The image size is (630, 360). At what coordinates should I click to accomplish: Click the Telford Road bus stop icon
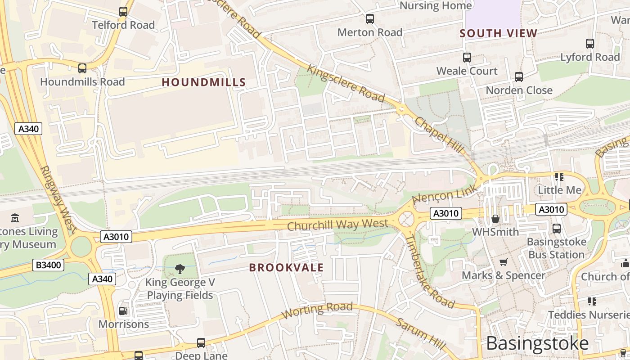click(123, 12)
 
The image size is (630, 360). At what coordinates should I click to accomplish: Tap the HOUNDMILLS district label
click(204, 82)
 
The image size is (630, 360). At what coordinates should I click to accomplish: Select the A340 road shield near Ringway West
click(28, 129)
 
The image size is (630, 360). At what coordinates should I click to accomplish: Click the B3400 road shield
click(48, 265)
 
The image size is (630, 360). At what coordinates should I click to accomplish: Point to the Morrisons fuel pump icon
click(123, 311)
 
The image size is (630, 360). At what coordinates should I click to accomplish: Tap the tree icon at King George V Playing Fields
click(180, 269)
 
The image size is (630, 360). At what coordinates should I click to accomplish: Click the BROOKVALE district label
click(286, 268)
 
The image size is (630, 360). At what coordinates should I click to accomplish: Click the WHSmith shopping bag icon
click(495, 219)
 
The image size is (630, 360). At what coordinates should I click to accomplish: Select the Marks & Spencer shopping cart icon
click(504, 262)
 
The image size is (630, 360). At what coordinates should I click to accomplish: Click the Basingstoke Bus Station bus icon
click(557, 229)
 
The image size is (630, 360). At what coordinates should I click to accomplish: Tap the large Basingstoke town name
click(537, 343)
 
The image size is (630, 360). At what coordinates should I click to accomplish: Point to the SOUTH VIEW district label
click(499, 33)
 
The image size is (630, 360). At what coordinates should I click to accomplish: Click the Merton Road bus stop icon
click(370, 19)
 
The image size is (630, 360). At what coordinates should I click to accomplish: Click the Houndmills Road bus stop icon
click(82, 68)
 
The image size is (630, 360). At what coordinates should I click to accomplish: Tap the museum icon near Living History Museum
click(15, 218)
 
